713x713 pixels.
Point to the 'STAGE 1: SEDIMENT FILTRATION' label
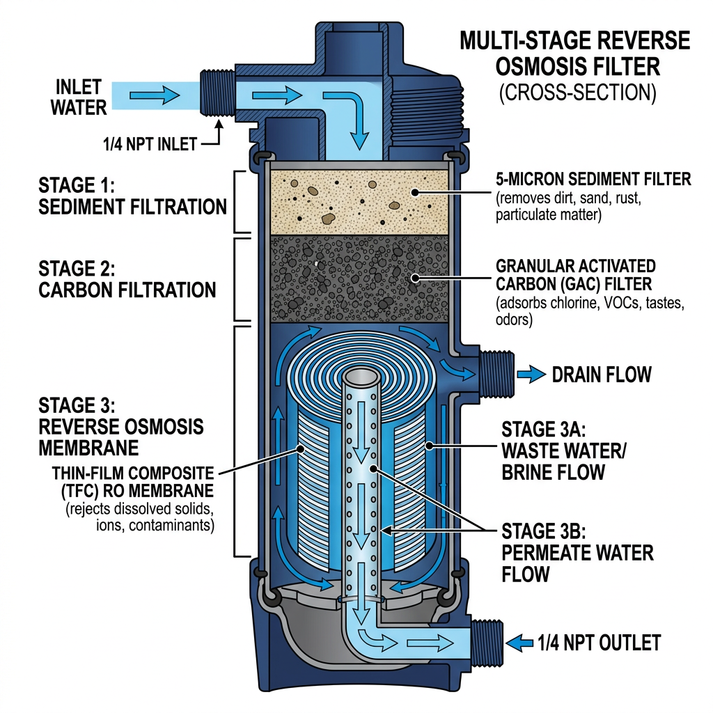pos(132,196)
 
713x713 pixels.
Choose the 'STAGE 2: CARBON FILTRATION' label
pos(127,279)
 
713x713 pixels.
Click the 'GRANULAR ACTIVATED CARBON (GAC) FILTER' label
pos(575,275)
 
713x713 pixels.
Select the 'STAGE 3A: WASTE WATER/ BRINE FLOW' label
pos(564,450)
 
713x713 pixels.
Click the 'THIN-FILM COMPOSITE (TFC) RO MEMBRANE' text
pos(132,482)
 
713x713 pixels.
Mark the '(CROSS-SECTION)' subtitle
pos(577,94)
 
